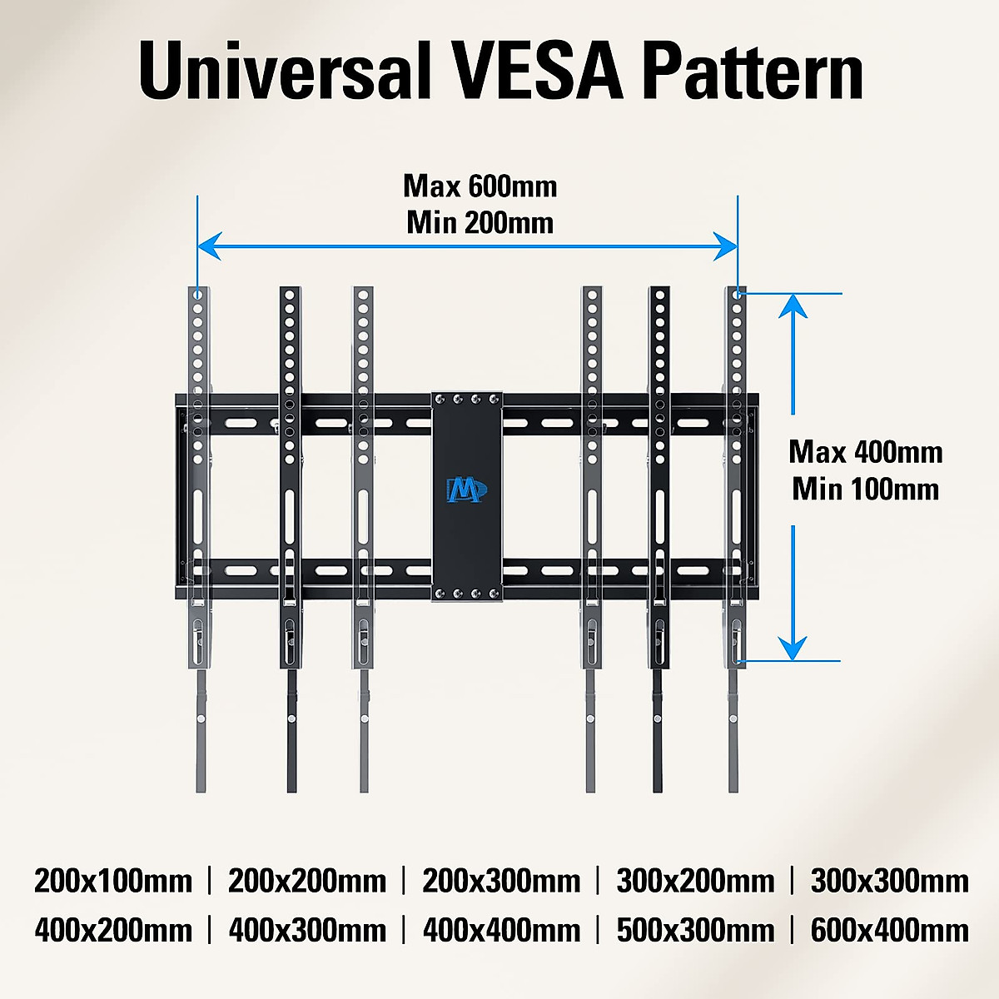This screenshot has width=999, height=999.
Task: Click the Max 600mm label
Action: [x=480, y=186]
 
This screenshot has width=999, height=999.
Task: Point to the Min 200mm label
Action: [x=480, y=223]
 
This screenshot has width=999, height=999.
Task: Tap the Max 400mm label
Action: [x=866, y=452]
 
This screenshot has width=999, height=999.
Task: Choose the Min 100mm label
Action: [x=866, y=489]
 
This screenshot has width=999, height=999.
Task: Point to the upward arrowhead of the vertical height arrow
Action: [x=794, y=306]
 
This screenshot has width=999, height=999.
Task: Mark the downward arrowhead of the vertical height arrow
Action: [x=794, y=648]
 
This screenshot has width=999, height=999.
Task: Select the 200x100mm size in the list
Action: [x=113, y=881]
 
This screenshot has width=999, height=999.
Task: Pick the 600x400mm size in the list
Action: [x=889, y=930]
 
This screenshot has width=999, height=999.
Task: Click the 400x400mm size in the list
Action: [x=501, y=930]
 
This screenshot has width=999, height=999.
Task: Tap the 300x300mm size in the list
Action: [x=889, y=881]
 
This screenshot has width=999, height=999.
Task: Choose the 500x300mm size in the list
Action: [x=695, y=930]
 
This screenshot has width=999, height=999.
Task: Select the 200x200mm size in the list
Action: [x=307, y=881]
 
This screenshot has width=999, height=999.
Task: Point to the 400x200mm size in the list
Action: [x=113, y=930]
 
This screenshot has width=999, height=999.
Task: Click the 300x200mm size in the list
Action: [x=695, y=881]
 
